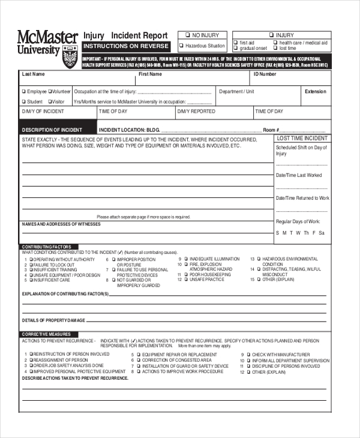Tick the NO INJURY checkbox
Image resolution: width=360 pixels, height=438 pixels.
coord(188,35)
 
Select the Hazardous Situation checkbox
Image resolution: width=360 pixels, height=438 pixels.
coord(182,46)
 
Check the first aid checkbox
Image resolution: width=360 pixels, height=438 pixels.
coord(236,43)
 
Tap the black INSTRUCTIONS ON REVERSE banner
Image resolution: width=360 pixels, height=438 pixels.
coord(126,46)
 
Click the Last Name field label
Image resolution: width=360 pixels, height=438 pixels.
coord(34,74)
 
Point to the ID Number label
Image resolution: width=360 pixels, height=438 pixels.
coord(265,74)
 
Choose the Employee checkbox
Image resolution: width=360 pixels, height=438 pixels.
coord(24,92)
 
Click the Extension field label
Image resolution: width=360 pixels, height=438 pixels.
coord(316,92)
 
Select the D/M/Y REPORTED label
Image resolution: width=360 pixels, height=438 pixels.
coord(196,112)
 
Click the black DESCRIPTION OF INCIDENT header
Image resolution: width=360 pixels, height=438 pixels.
coord(52,130)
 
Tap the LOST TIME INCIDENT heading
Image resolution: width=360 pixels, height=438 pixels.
coord(302,139)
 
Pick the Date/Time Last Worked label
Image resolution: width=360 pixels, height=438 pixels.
coord(299,175)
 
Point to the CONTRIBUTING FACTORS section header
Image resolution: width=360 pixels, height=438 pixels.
coord(47,247)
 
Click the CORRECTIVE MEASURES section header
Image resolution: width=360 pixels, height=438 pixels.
coord(46,334)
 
